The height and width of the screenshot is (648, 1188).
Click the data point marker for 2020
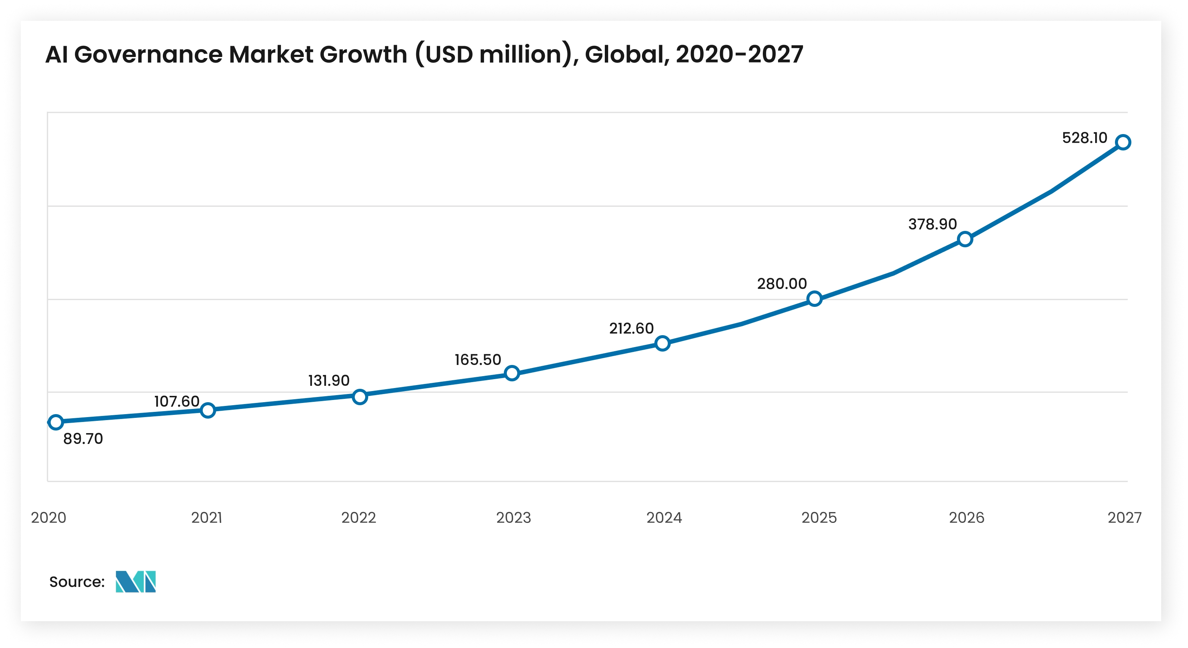pos(56,422)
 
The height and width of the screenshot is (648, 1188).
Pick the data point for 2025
pos(815,299)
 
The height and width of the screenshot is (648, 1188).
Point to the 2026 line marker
pos(965,239)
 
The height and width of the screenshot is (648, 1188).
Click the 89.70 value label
pos(83,439)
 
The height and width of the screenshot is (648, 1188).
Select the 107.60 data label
pos(177,401)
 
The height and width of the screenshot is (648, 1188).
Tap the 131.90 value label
pos(329,381)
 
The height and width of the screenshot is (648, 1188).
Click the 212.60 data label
pos(631,328)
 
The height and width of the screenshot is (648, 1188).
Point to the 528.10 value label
pos(1084,138)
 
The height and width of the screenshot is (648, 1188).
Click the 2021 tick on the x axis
pos(206,518)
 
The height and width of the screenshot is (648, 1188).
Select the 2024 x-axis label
pos(664,518)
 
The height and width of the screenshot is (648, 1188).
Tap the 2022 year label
pos(358,518)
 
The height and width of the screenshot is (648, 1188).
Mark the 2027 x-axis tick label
pos(1124,518)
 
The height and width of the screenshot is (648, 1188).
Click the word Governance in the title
pos(148,54)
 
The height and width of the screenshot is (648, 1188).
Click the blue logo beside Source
pos(136,582)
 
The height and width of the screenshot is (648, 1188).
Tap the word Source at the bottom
pos(76,582)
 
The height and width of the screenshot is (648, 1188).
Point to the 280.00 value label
pos(782,284)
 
